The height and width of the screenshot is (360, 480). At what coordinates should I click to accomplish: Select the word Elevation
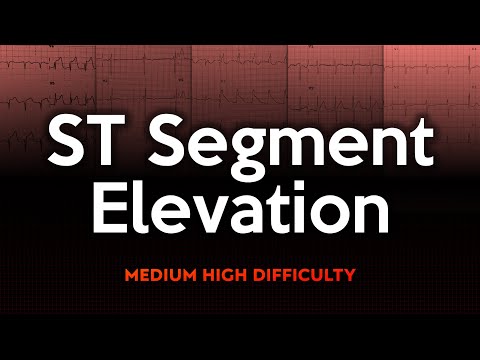240,212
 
